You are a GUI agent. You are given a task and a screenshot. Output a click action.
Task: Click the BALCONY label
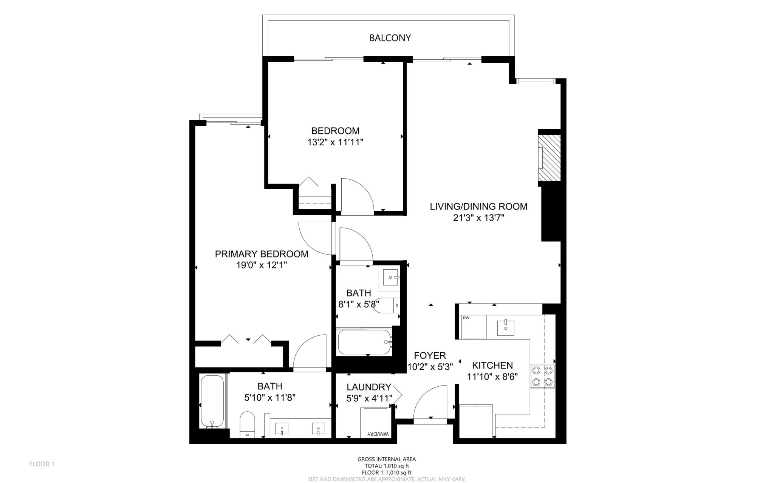pos(390,38)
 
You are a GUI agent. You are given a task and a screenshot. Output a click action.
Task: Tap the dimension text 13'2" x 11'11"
pos(335,142)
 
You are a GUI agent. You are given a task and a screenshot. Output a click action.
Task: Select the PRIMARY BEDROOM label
pos(262,254)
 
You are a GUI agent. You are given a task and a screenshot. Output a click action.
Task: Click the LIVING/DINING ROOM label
pos(478,207)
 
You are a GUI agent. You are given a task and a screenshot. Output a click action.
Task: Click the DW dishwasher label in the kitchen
pos(466,318)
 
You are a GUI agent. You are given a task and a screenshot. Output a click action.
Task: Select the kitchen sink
pos(505,327)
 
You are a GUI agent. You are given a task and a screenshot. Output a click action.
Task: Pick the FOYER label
pos(430,355)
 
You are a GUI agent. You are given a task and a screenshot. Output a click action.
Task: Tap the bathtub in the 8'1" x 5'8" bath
pos(364,342)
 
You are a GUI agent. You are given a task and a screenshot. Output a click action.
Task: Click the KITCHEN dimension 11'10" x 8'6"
pos(492,377)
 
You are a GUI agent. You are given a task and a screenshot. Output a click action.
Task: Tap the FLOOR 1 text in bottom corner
pos(42,464)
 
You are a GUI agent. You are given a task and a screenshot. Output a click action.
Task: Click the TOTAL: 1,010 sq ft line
pos(387,466)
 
